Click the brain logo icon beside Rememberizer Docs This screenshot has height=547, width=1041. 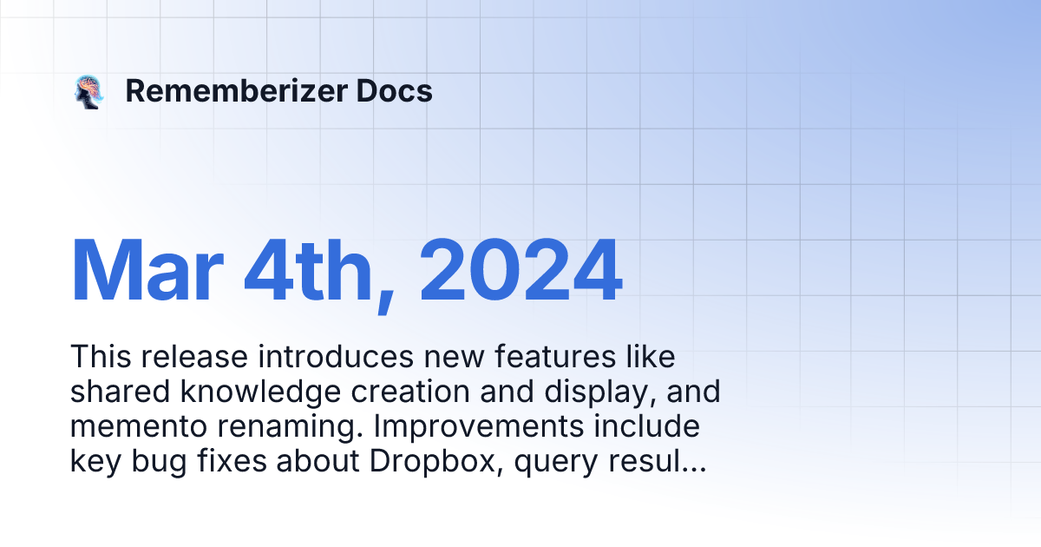tap(88, 91)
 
